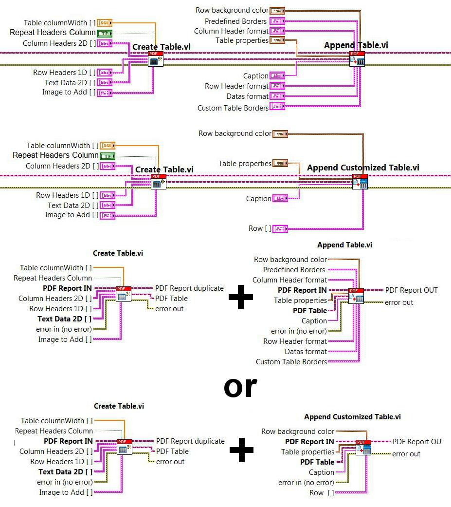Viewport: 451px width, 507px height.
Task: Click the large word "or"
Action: tap(240, 387)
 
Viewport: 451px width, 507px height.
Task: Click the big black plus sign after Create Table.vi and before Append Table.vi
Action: tap(241, 299)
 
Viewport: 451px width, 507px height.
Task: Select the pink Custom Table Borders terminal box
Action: tap(277, 106)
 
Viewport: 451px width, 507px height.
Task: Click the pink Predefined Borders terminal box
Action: tap(277, 21)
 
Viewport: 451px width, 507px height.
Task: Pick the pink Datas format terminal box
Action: tap(277, 96)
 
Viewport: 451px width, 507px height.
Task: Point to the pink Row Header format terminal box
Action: tap(277, 86)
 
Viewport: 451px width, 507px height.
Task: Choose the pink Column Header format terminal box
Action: tap(277, 31)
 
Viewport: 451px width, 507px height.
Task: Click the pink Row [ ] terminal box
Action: tap(280, 228)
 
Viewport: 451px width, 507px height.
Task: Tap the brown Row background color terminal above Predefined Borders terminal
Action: tap(277, 10)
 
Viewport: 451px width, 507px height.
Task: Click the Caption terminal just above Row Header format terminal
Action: tap(277, 75)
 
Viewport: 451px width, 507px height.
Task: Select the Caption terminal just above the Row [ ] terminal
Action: tap(280, 198)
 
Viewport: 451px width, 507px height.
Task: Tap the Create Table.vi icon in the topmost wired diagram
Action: tap(156, 58)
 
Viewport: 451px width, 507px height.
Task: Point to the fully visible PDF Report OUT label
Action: tap(412, 290)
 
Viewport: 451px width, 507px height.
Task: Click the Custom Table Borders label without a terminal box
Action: tap(291, 362)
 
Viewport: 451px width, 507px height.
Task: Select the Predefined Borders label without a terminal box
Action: tap(294, 270)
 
